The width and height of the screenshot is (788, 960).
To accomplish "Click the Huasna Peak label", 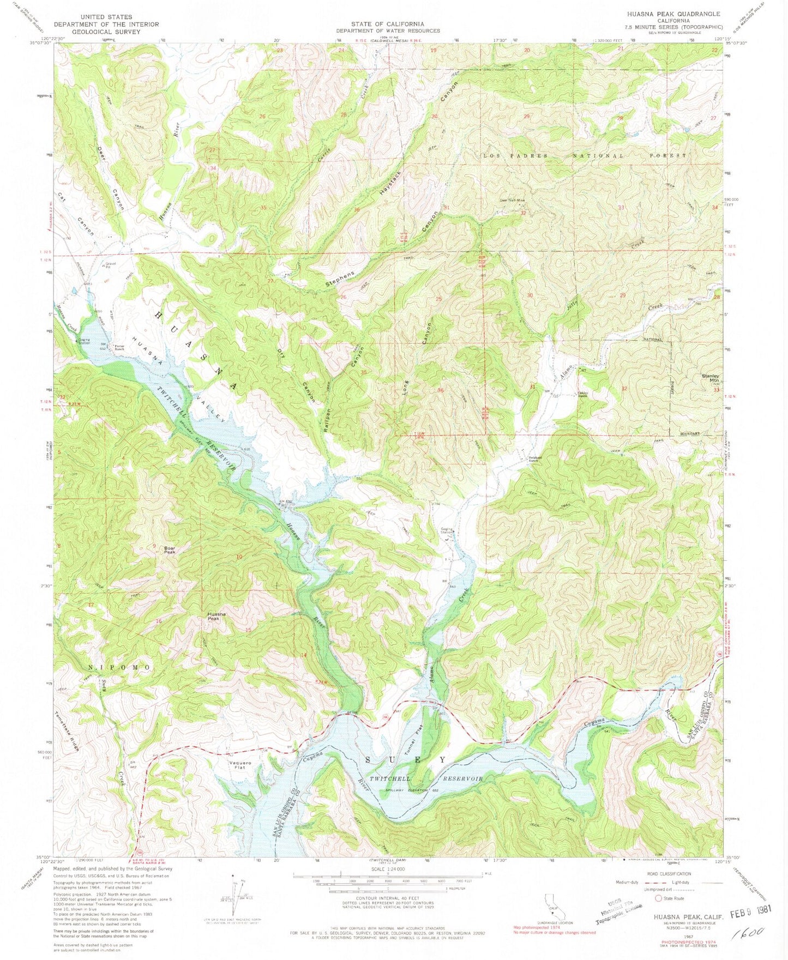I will (216, 616).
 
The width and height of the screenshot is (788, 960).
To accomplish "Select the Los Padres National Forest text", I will (584, 156).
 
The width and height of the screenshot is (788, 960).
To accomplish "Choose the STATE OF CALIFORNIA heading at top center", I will (388, 24).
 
